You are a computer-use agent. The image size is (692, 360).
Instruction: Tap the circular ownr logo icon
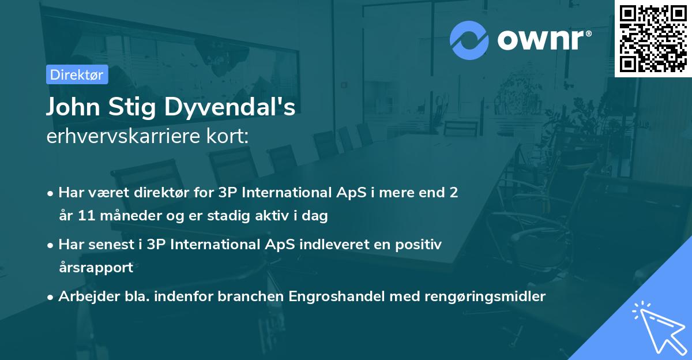pos(469,40)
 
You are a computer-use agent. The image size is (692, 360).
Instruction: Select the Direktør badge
pos(77,74)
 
